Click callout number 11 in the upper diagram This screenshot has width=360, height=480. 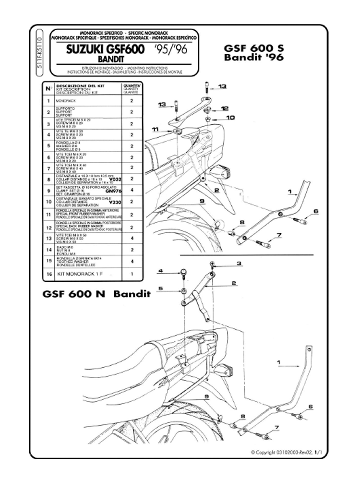click(155, 130)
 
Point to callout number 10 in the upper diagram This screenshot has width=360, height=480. click(231, 117)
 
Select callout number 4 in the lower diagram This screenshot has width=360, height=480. click(161, 271)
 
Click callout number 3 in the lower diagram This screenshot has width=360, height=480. click(239, 263)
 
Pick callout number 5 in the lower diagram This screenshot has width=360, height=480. click(161, 288)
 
